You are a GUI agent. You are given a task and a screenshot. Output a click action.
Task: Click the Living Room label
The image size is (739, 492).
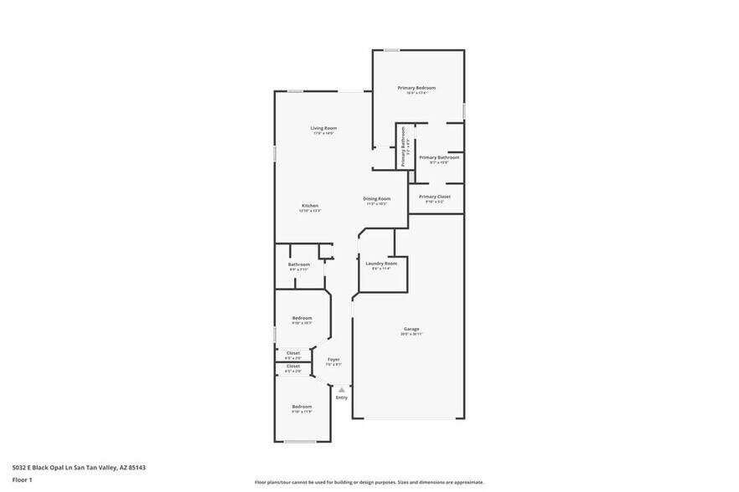[323, 128]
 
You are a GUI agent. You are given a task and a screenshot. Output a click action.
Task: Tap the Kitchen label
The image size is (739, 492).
[310, 206]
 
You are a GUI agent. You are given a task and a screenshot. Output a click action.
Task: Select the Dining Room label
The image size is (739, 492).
[376, 198]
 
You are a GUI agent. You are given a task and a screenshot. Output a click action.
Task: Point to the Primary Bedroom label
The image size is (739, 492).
[416, 88]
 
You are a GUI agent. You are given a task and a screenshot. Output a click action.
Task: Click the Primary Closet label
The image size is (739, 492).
[434, 197]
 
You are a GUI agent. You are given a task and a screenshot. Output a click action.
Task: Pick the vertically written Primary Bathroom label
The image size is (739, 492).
[403, 146]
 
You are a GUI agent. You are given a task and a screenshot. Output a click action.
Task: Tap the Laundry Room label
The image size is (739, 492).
[380, 264]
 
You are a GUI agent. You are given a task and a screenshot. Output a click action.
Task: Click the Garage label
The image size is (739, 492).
[411, 329]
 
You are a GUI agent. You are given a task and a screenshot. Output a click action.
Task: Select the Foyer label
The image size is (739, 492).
[333, 360]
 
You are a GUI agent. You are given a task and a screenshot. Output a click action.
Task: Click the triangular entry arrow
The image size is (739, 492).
[341, 389]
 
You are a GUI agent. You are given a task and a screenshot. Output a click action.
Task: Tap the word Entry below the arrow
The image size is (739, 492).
[341, 397]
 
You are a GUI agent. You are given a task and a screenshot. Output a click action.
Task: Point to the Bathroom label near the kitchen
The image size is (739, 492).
[299, 264]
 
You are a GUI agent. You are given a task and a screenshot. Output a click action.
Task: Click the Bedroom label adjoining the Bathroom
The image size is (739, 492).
[302, 318]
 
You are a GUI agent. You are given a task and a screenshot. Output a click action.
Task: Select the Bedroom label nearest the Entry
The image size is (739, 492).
[302, 407]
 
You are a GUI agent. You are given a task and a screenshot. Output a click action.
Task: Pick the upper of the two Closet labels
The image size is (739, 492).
[293, 353]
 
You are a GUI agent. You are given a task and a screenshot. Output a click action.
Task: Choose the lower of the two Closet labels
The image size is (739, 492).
[293, 366]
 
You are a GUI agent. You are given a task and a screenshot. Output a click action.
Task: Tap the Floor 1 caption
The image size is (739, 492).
[22, 479]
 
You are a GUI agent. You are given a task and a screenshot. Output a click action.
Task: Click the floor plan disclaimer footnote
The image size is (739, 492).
[369, 483]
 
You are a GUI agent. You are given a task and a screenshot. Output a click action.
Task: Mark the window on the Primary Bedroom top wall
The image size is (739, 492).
[392, 50]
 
